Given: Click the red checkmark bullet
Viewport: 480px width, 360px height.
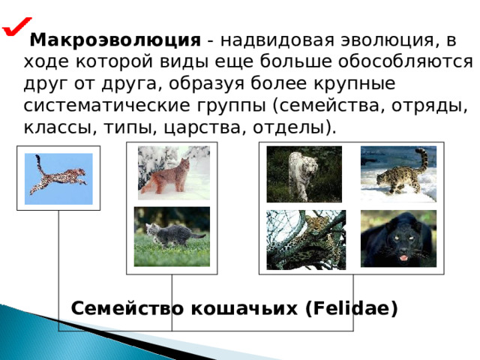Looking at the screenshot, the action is tap(16, 27).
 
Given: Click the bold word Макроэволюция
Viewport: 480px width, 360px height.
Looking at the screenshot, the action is tap(115, 40).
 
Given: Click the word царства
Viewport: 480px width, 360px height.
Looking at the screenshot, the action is tap(202, 127).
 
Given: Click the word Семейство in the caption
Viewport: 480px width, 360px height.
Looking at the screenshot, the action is tap(127, 308).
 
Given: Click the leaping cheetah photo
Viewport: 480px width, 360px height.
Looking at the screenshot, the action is tap(58, 178).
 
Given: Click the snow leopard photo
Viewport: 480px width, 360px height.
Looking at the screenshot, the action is tap(398, 174).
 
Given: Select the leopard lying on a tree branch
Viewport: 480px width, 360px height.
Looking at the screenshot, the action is tap(306, 240).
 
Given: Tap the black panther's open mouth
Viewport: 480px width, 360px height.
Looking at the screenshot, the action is tap(403, 258).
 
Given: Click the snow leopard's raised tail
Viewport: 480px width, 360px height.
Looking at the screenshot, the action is tap(422, 159).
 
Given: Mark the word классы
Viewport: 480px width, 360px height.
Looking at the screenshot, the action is tap(58, 127).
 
